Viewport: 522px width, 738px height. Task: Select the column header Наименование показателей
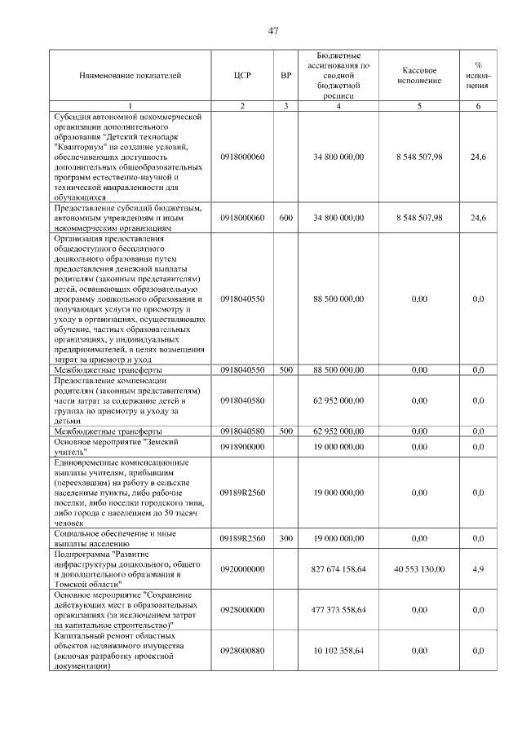pos(130,75)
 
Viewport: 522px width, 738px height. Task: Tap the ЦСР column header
pos(242,75)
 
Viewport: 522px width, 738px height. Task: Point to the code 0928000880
pos(242,650)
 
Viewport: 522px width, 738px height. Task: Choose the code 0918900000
pos(242,446)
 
